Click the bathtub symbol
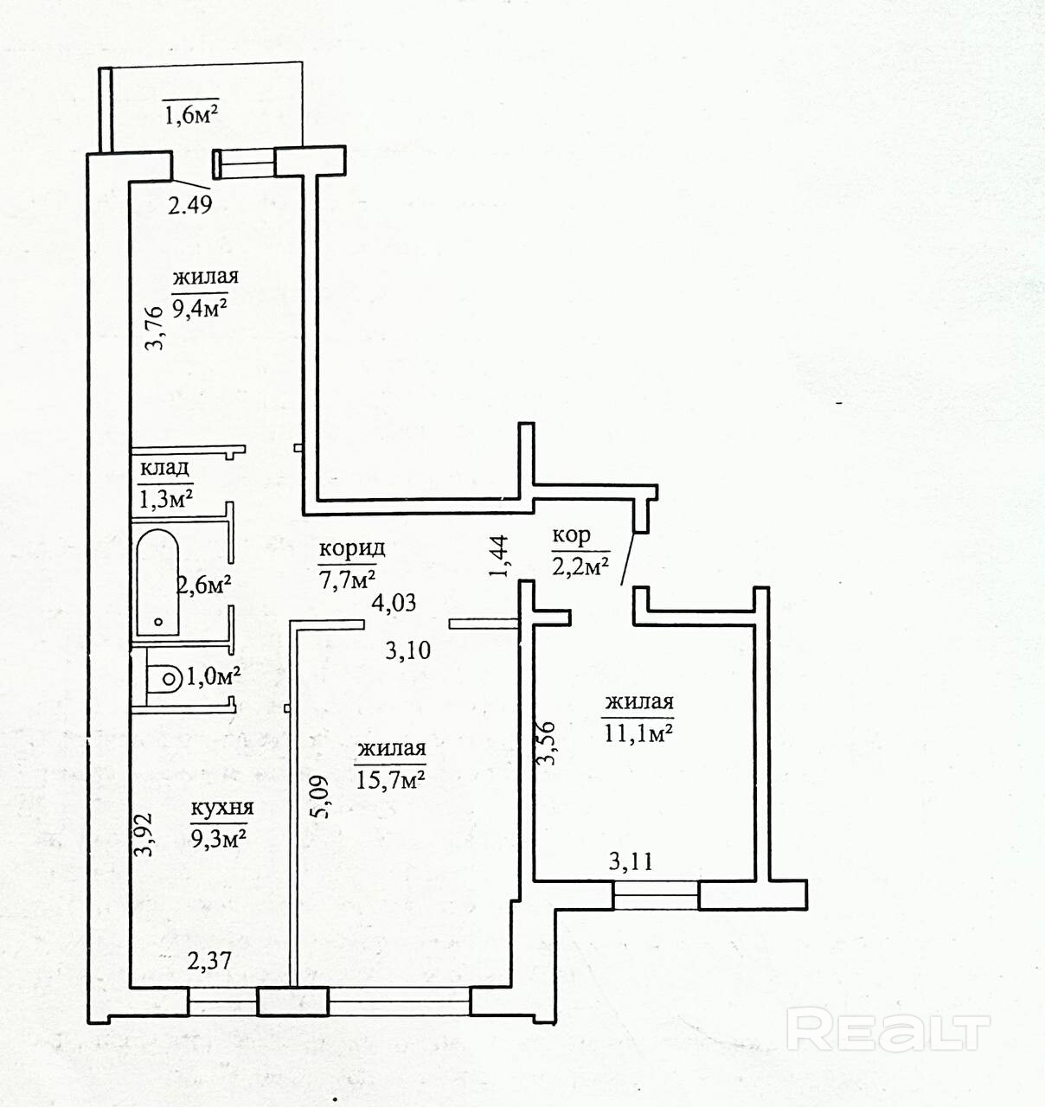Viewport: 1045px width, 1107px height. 157,583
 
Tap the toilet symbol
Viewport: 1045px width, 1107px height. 164,679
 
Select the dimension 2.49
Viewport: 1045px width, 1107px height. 190,205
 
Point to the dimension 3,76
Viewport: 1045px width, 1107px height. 155,328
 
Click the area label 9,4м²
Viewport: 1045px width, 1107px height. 201,307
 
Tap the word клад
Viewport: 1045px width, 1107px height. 164,468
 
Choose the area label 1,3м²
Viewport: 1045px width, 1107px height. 165,498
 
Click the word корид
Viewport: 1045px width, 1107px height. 352,549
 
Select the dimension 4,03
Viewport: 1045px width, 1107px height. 394,603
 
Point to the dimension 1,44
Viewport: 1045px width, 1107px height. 498,556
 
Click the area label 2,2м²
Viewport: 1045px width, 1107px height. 580,566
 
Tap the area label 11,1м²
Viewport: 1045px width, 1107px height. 638,733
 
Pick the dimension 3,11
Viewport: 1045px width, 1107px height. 631,861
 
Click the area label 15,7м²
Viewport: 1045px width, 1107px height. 390,780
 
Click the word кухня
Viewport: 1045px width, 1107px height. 222,808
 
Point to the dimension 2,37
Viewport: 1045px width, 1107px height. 209,961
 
